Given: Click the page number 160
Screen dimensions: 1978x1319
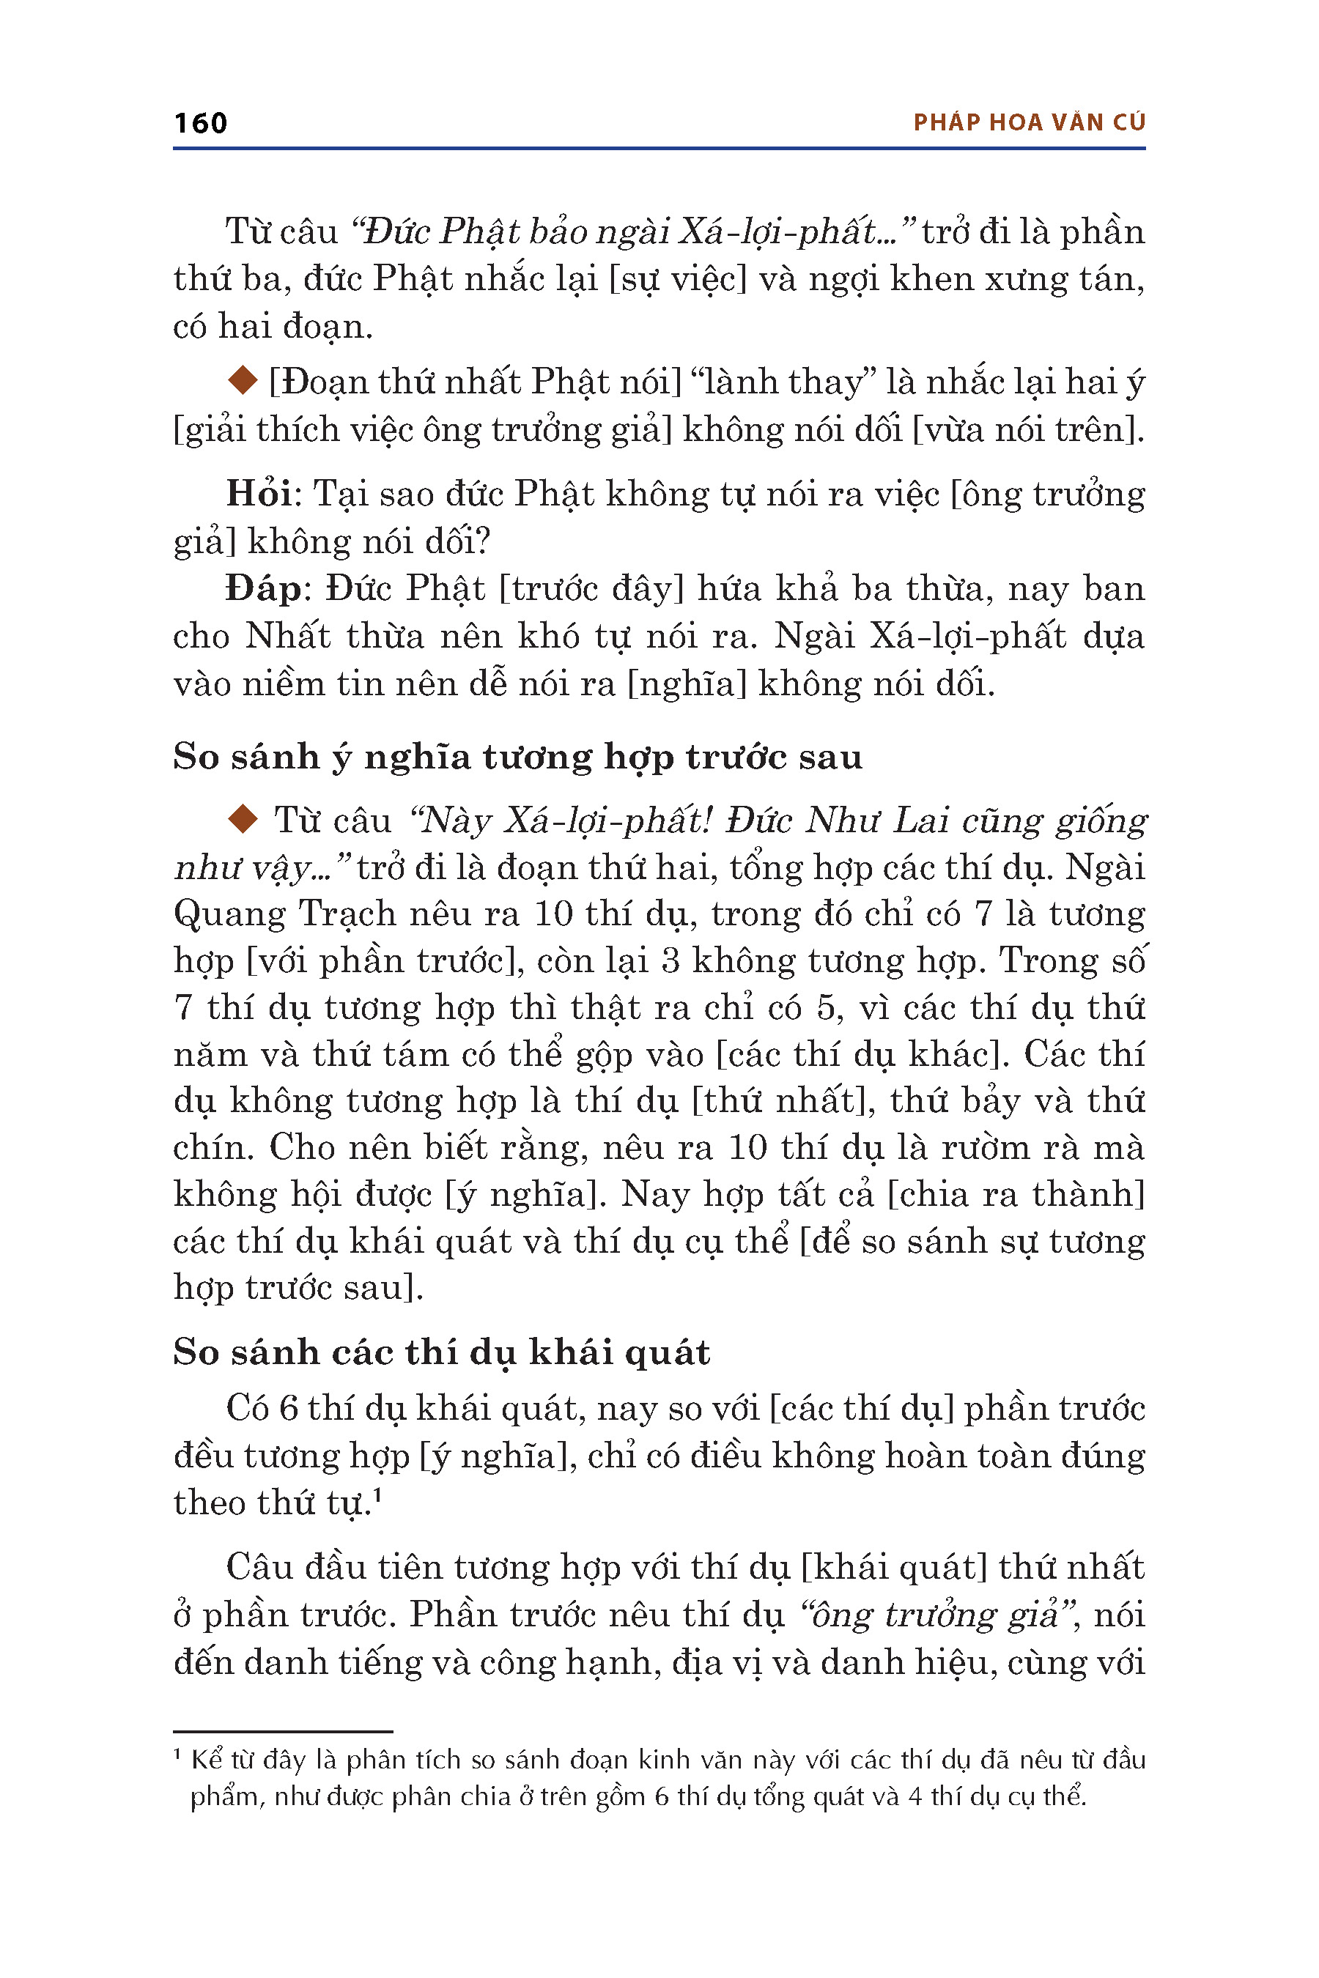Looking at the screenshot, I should pyautogui.click(x=200, y=123).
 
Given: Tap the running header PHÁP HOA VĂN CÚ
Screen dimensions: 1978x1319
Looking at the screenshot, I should pyautogui.click(x=1029, y=123).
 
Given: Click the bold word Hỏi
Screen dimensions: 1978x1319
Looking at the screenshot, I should pyautogui.click(x=258, y=494).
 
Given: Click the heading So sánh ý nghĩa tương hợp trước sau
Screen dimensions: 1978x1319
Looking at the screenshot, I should pyautogui.click(x=517, y=757).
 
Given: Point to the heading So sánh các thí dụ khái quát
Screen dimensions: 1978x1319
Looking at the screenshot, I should pyautogui.click(x=442, y=1352).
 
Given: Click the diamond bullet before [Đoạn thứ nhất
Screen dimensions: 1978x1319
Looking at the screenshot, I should pyautogui.click(x=243, y=381).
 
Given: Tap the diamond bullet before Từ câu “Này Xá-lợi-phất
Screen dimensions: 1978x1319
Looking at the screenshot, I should pyautogui.click(x=243, y=819).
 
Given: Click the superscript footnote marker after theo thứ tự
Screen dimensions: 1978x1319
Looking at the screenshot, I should pyautogui.click(x=377, y=1495).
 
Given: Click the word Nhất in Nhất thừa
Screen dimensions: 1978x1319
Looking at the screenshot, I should pyautogui.click(x=287, y=637).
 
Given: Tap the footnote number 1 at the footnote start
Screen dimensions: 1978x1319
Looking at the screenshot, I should pyautogui.click(x=177, y=1755).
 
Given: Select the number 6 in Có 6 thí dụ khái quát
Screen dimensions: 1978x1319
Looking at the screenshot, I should pyautogui.click(x=289, y=1409).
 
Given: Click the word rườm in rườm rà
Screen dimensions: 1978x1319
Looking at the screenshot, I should pyautogui.click(x=985, y=1148).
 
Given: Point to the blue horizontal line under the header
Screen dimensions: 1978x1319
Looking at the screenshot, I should pyautogui.click(x=659, y=149).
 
